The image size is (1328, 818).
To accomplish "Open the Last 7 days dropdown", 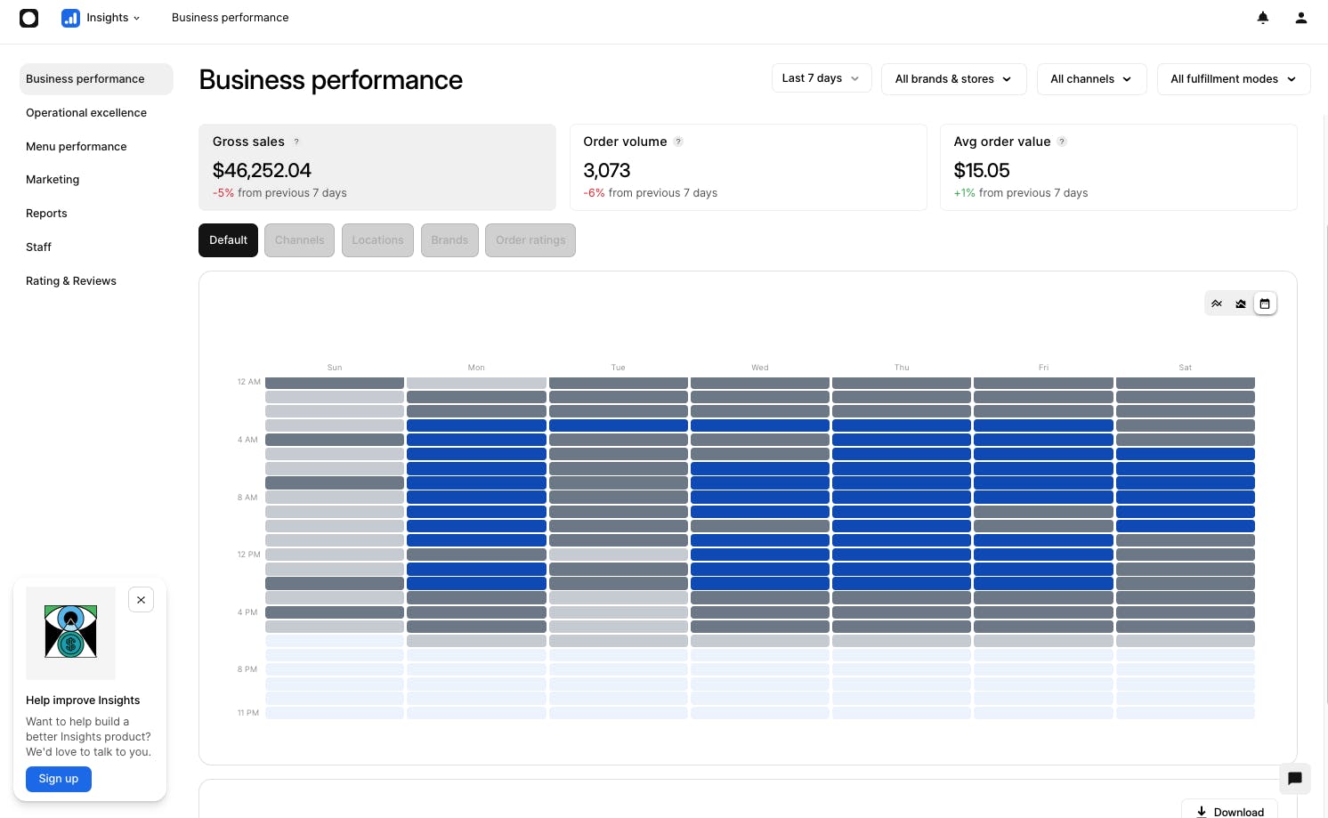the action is (x=822, y=78).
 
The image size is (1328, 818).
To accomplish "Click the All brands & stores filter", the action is (x=953, y=79).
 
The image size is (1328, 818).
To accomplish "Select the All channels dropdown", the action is (x=1091, y=79).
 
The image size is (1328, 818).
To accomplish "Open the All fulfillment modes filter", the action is (x=1233, y=79).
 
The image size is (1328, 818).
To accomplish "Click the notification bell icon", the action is (x=1263, y=18).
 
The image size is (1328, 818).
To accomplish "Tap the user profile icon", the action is (x=1300, y=18).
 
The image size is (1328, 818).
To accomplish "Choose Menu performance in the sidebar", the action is (x=76, y=146).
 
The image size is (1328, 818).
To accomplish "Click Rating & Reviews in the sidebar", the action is (x=70, y=281).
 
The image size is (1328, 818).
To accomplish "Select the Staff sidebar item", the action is (x=38, y=247).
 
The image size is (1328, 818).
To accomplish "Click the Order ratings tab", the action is (x=530, y=240).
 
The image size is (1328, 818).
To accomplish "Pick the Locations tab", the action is (x=377, y=240).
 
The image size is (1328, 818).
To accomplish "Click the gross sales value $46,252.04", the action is (x=262, y=171).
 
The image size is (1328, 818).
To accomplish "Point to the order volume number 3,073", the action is (x=606, y=171).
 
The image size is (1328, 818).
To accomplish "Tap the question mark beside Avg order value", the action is (x=1062, y=142).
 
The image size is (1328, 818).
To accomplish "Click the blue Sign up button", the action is (x=58, y=779).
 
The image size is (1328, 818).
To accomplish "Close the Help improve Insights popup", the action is (x=142, y=600).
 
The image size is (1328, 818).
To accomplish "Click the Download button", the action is (x=1229, y=810).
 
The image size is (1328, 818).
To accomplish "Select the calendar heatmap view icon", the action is (x=1265, y=304).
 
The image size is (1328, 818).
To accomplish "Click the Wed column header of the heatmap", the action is (x=759, y=368).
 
